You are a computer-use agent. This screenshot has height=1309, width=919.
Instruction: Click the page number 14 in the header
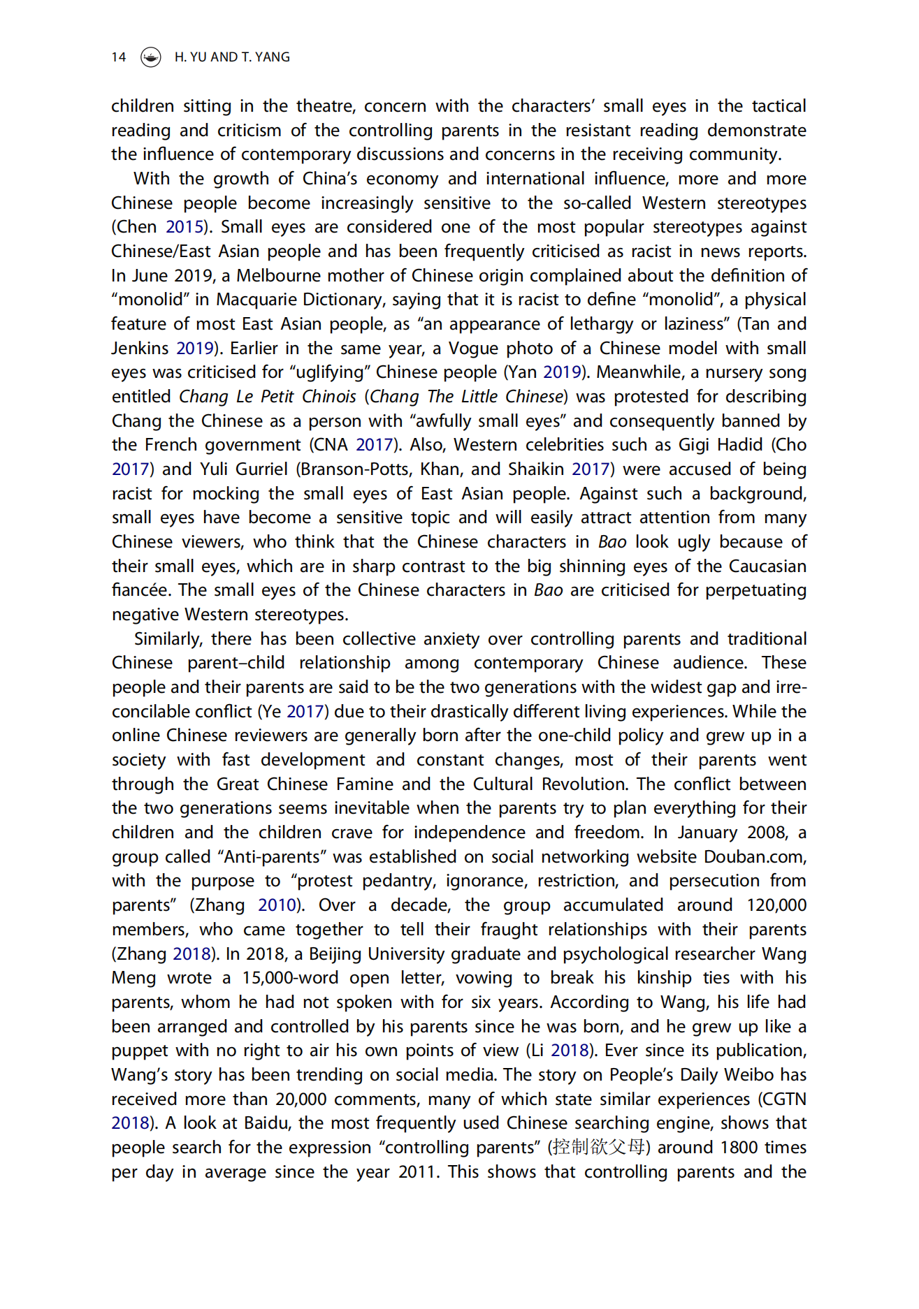click(118, 57)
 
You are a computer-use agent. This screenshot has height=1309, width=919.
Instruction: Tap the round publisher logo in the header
click(150, 57)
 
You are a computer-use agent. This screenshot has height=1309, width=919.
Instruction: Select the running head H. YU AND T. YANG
click(232, 57)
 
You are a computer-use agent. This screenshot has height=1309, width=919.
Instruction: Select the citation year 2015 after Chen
click(184, 227)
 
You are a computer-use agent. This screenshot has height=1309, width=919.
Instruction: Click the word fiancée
click(140, 590)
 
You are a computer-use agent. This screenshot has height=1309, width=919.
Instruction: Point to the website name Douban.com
click(755, 857)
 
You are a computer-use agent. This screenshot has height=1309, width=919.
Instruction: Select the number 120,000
click(776, 905)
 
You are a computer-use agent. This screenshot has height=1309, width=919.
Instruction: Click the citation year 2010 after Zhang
click(277, 905)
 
